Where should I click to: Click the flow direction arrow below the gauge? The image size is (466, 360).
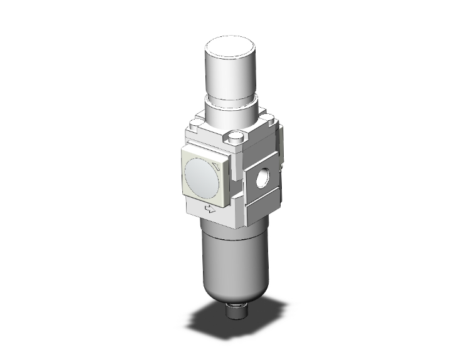point(210,210)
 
